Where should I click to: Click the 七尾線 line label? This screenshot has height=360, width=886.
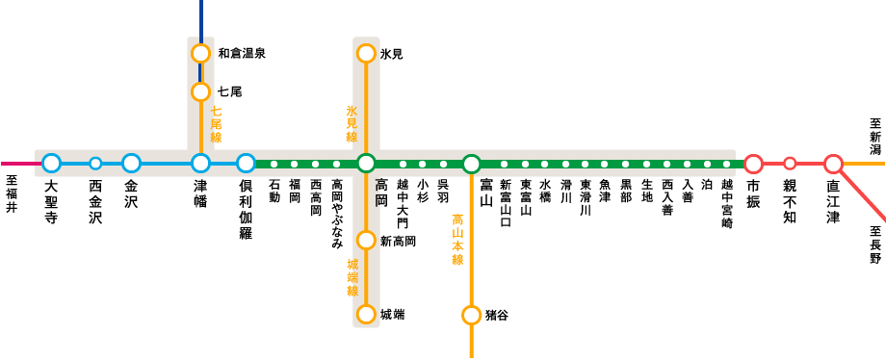tap(216, 124)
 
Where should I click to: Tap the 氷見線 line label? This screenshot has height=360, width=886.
tap(352, 123)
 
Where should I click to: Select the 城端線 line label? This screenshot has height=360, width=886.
tap(352, 277)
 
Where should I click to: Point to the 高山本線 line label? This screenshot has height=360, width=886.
tap(457, 240)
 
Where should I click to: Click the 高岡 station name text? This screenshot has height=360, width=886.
tap(379, 193)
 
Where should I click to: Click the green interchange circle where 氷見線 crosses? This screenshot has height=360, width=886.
tap(366, 164)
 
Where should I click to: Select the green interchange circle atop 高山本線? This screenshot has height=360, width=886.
tap(471, 164)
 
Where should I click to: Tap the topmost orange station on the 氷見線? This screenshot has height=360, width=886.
tap(366, 53)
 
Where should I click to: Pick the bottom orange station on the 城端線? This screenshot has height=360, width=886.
tap(366, 314)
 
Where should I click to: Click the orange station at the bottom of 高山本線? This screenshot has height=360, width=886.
tap(471, 315)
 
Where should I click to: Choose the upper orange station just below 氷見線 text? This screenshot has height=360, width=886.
tap(366, 240)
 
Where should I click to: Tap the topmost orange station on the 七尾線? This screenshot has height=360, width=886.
tap(200, 53)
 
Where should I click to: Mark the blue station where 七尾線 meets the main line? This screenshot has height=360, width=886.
tap(200, 164)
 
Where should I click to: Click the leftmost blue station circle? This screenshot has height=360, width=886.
tap(52, 164)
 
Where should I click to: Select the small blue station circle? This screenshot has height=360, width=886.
tap(95, 164)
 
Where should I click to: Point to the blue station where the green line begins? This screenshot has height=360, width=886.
tap(247, 164)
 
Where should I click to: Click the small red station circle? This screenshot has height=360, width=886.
tap(790, 164)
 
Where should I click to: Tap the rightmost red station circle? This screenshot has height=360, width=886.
tap(833, 164)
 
